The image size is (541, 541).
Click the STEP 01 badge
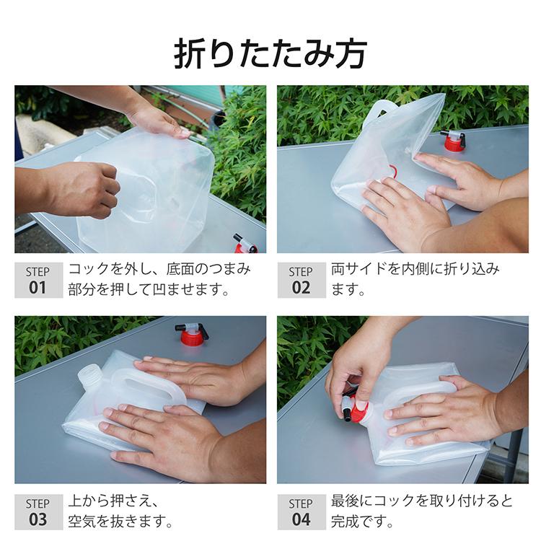pyautogui.click(x=38, y=280)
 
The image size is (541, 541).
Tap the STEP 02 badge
pyautogui.click(x=301, y=280)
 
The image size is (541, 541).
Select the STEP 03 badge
pyautogui.click(x=38, y=511)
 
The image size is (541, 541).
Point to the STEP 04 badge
pyautogui.click(x=301, y=511)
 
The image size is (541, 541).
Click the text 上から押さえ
pyautogui.click(x=112, y=501)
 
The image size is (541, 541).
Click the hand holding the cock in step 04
pyautogui.click(x=356, y=364)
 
